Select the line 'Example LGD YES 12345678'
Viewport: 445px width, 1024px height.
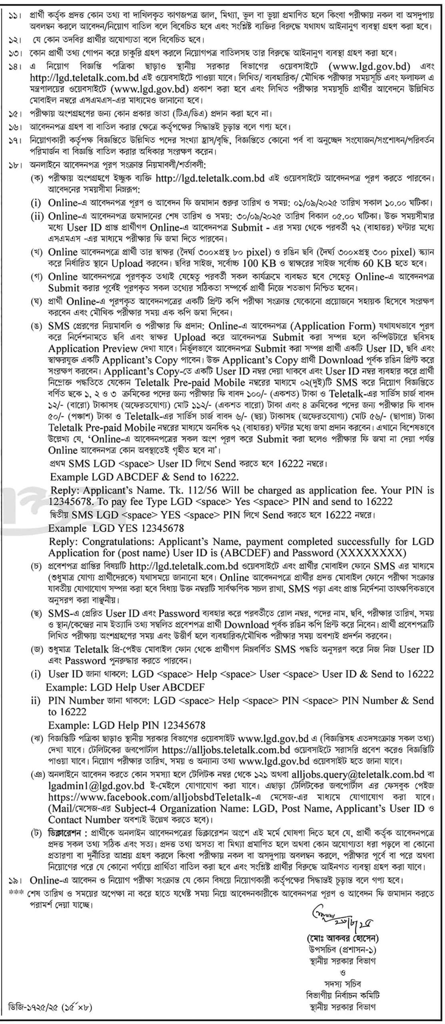[116, 528]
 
